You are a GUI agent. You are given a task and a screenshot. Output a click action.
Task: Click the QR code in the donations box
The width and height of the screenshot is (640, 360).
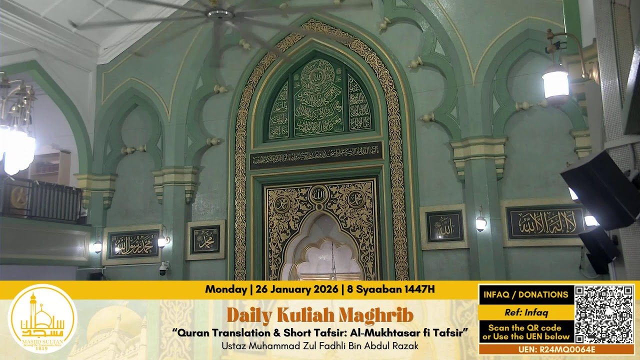click(x=604, y=314)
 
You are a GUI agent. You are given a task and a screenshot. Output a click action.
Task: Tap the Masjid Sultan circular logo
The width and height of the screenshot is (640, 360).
click(x=42, y=318)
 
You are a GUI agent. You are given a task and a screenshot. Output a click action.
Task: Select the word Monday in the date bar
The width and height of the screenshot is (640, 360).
click(x=225, y=289)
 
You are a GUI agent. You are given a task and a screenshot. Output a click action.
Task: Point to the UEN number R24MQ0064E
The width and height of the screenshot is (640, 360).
click(x=556, y=349)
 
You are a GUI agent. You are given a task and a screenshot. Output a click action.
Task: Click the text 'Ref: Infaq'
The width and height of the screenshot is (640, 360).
click(x=525, y=312)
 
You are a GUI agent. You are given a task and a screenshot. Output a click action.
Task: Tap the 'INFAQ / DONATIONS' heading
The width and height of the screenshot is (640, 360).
click(x=525, y=294)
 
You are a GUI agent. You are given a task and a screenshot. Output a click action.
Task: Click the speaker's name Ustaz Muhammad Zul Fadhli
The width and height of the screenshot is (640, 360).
click(x=320, y=345)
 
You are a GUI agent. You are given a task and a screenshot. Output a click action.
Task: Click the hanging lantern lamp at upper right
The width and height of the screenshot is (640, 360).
click(x=555, y=84)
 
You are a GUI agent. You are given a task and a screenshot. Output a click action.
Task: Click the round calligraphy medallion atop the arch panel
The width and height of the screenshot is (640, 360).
click(x=317, y=74)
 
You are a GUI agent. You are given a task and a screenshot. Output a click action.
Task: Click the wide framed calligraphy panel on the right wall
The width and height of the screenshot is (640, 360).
click(x=544, y=222)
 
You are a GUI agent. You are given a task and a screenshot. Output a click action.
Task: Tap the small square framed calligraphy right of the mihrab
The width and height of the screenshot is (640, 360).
click(x=444, y=226)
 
